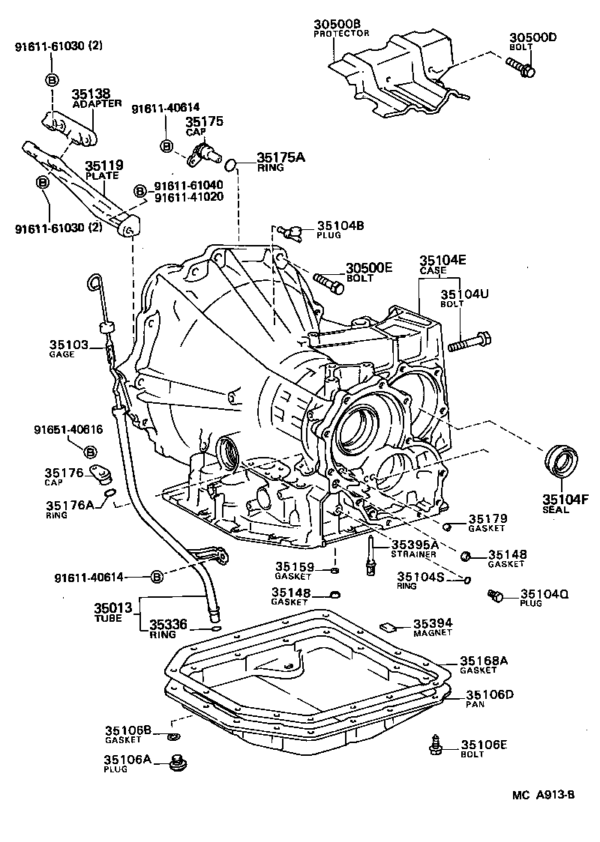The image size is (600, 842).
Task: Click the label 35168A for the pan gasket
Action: (x=484, y=660)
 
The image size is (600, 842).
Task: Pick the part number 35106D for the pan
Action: (x=489, y=695)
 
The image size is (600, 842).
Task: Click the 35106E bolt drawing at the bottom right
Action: (x=435, y=745)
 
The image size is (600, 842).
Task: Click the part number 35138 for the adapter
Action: (x=91, y=94)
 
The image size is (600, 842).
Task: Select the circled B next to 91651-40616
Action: (x=89, y=452)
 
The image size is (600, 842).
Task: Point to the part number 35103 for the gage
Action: (x=69, y=345)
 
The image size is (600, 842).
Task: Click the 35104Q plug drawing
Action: (x=494, y=596)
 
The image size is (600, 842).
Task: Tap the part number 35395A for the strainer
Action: (x=413, y=543)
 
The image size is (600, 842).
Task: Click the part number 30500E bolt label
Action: (x=369, y=268)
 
